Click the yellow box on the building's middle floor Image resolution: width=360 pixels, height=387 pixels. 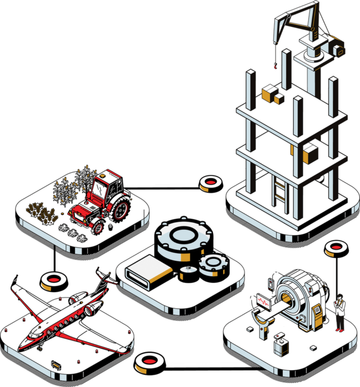coord(311,154)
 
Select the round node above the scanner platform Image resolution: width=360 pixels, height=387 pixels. coord(334,248)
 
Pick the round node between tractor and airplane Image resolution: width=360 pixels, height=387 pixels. coord(53,280)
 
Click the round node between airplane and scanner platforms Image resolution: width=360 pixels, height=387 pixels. coord(148,361)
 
